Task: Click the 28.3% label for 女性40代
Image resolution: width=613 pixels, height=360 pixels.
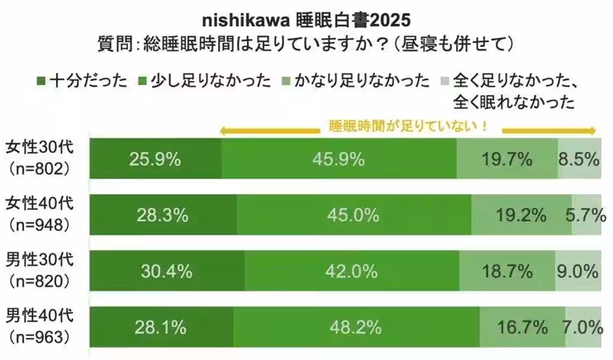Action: pos(164,216)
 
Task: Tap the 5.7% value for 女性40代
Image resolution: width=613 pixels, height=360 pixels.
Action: pos(584,216)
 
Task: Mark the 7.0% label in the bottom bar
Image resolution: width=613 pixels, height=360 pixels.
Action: pos(582,328)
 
